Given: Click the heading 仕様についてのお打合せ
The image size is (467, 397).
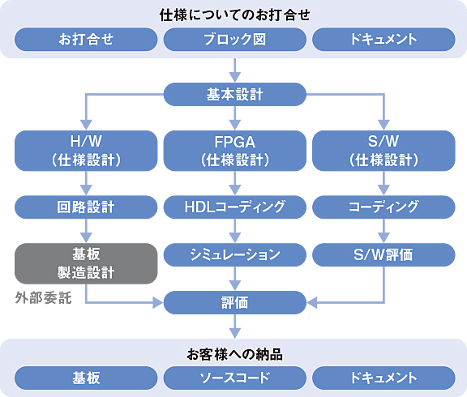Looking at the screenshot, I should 234,14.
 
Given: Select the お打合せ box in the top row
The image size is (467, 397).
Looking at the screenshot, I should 86,39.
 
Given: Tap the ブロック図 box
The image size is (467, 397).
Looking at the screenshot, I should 234,39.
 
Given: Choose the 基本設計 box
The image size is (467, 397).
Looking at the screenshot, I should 234,94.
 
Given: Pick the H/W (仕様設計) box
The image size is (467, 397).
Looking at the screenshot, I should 86,150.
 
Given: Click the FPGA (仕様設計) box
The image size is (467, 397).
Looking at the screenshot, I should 234,150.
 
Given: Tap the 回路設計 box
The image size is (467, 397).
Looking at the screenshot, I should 86,207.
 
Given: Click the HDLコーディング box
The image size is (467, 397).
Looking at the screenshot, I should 234,207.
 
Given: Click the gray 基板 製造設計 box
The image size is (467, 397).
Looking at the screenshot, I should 86,263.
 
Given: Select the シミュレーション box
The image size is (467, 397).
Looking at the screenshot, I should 234,255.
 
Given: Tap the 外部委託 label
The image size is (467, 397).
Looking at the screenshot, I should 44,297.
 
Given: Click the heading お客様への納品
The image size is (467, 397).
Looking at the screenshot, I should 234,353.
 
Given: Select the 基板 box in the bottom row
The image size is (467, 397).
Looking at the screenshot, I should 86,378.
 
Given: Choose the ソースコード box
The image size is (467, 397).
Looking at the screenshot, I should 234,378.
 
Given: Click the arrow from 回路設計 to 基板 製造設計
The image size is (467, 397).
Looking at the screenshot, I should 86,231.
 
